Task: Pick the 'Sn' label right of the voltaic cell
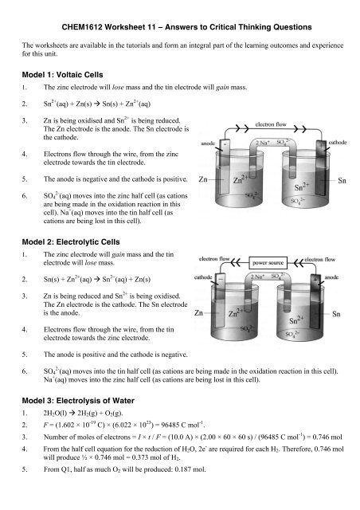346,178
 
